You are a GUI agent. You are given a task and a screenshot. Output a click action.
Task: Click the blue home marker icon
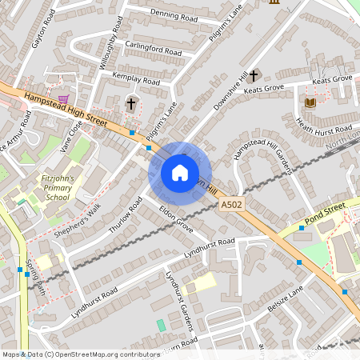tap(180, 173)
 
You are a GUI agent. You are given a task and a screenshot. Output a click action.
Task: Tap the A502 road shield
tap(232, 206)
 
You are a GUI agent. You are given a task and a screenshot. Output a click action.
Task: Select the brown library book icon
tap(310, 102)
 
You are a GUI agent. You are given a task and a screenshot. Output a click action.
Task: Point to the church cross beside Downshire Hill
tap(254, 76)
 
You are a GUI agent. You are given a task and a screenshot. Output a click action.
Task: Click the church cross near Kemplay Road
tap(131, 103)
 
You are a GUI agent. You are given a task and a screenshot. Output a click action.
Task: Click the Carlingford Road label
tap(153, 50)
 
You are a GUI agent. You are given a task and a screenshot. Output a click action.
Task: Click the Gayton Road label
tap(42, 30)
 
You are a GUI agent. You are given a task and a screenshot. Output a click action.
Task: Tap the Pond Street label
tap(325, 212)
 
